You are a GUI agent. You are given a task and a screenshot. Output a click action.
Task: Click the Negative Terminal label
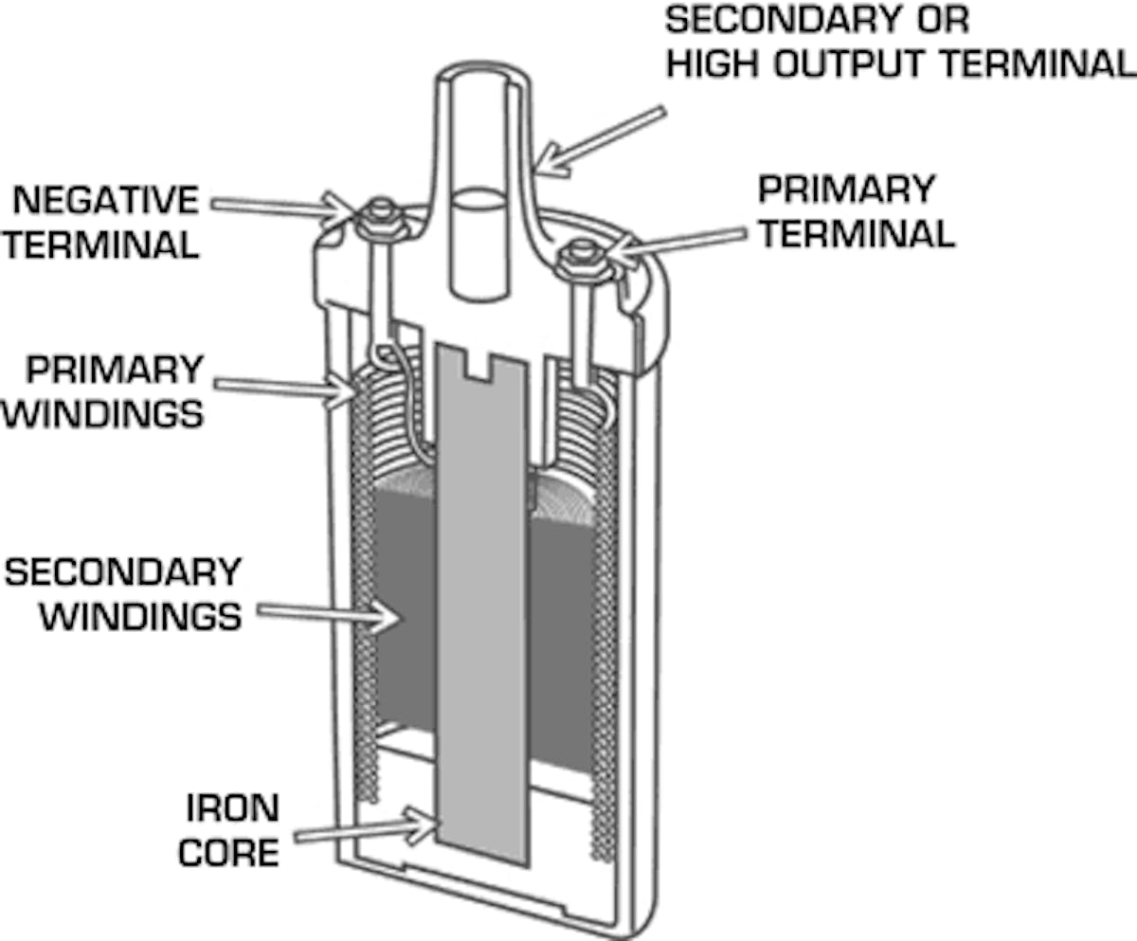[106, 223]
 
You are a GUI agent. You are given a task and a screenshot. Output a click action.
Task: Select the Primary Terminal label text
[856, 210]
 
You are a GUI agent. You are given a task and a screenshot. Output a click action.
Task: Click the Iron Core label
[229, 830]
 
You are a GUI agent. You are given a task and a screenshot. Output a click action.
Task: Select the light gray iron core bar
[482, 616]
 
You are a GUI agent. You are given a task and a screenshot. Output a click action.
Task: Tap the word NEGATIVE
[106, 201]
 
